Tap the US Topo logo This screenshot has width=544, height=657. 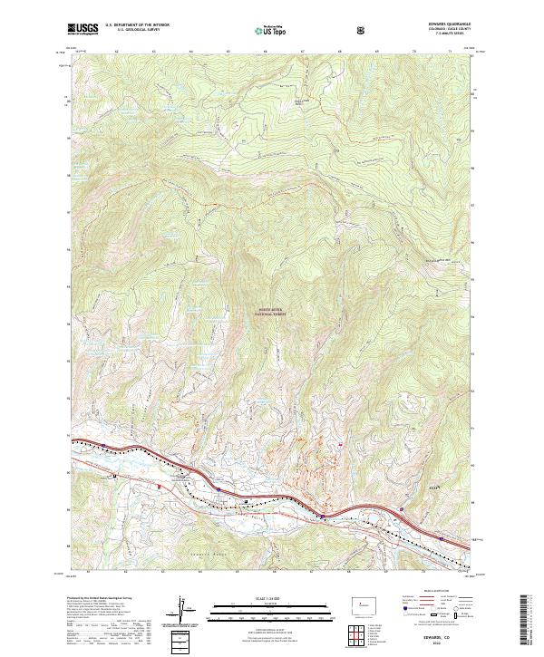coord(271,30)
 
